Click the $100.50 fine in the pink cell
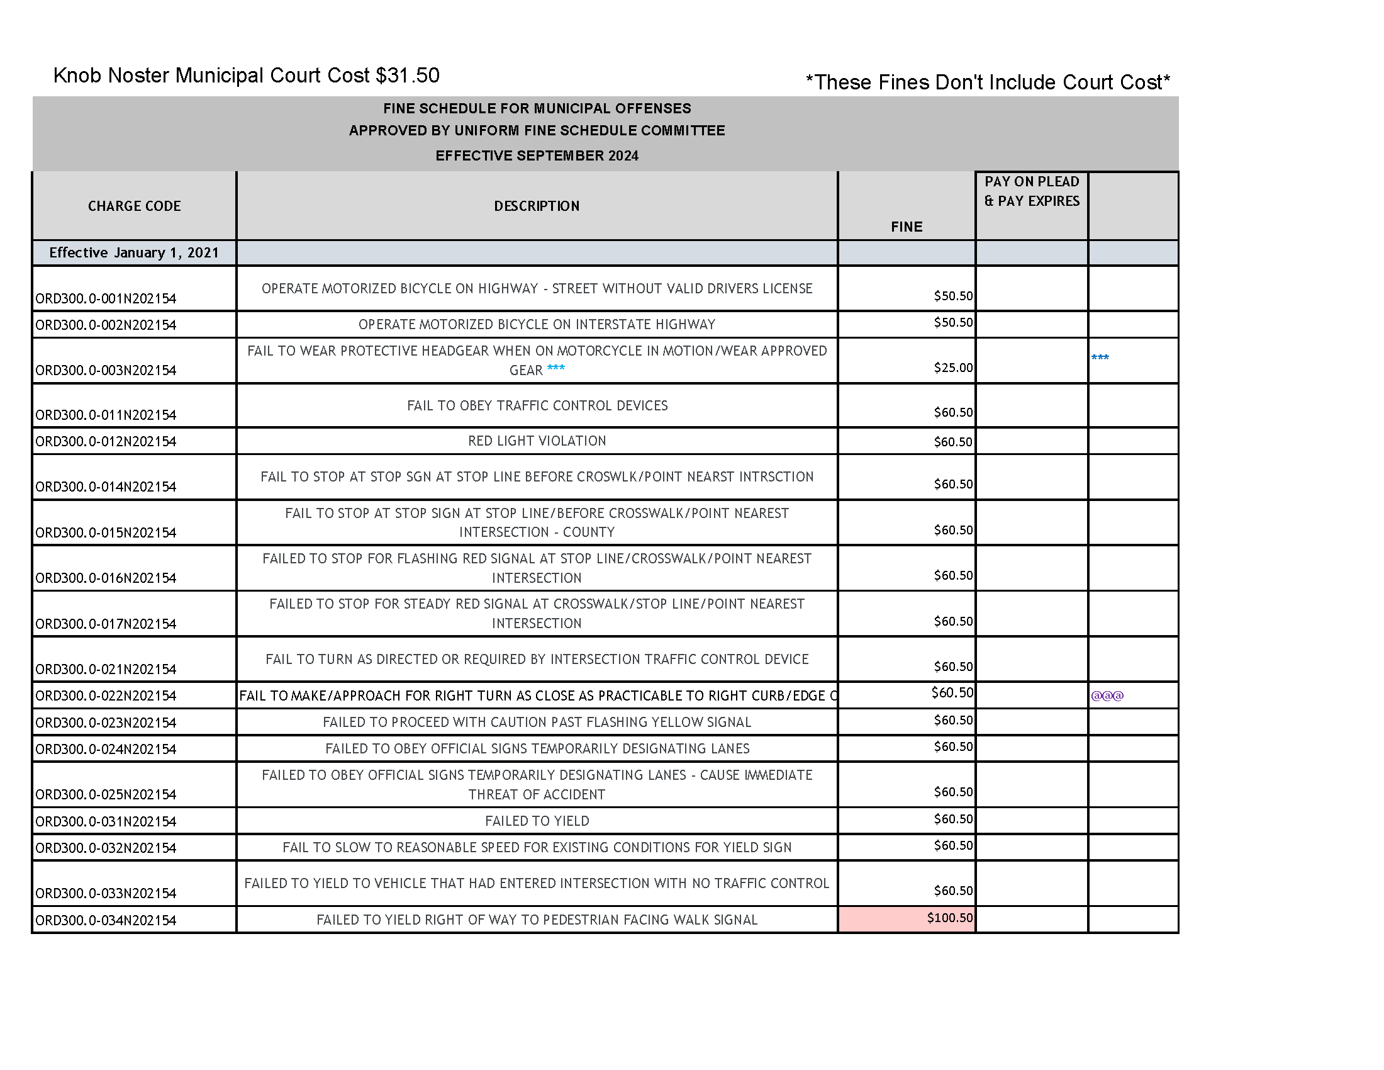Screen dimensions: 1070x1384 [x=949, y=918]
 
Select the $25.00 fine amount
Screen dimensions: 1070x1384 [x=952, y=368]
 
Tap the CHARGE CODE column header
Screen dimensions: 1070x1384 [x=135, y=206]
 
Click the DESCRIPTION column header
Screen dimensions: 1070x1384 [x=536, y=206]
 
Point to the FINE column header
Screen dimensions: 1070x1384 [x=906, y=227]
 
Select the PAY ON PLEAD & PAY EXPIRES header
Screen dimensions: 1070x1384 [x=1032, y=191]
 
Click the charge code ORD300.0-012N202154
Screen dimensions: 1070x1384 [x=106, y=442]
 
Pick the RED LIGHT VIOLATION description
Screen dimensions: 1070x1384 [x=537, y=441]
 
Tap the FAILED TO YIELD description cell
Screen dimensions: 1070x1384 [x=537, y=821]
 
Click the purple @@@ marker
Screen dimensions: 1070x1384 [x=1107, y=696]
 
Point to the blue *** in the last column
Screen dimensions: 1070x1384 [x=1100, y=358]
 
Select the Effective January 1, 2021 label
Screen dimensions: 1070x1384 [x=134, y=253]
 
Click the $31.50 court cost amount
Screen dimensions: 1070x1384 [x=408, y=76]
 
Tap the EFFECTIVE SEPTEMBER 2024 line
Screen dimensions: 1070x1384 [x=537, y=156]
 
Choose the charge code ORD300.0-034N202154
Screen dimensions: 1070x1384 [x=106, y=920]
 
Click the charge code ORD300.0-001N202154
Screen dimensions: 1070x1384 [x=106, y=298]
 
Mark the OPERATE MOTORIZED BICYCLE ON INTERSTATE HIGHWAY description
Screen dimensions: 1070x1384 [x=537, y=325]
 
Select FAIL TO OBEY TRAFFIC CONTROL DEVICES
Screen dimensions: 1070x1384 [x=537, y=406]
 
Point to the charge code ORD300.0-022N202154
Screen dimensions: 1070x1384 [x=106, y=696]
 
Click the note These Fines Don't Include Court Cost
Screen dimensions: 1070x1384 [x=987, y=82]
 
